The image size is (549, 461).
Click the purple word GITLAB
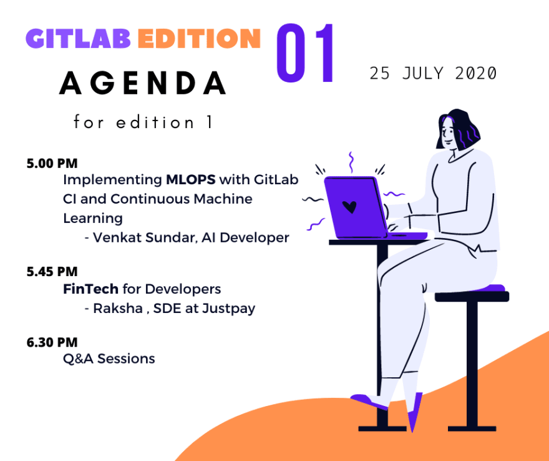click(79, 38)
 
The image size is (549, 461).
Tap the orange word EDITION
click(199, 38)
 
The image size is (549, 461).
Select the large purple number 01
click(305, 53)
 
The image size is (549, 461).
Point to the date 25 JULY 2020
click(433, 73)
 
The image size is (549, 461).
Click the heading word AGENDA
click(142, 83)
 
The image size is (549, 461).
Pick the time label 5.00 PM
click(52, 164)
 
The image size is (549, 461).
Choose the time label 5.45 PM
click(52, 272)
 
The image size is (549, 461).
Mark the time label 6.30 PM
click(52, 342)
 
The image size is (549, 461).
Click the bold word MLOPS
click(191, 179)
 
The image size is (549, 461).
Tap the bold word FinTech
click(90, 289)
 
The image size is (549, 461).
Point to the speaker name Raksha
click(118, 309)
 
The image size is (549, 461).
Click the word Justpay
click(228, 309)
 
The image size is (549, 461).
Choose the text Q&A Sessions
click(109, 359)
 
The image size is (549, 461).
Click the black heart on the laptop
click(349, 207)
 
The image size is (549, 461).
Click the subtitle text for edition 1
click(143, 122)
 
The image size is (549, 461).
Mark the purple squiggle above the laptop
click(351, 162)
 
